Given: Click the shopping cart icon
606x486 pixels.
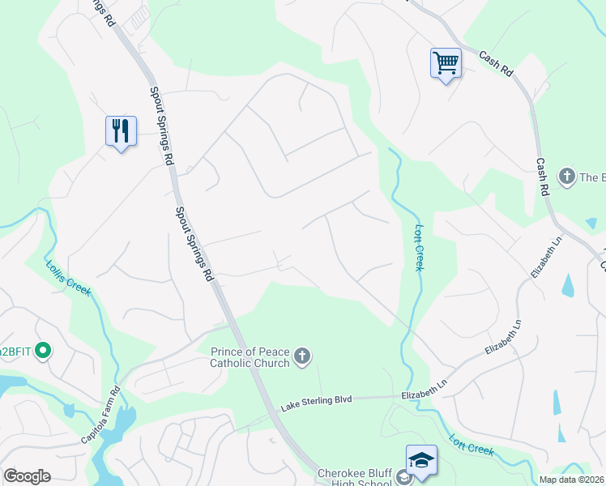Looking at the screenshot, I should [x=446, y=62].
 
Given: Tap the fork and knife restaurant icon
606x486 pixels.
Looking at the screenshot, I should [x=121, y=130].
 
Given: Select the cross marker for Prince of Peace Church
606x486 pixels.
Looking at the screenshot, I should [x=302, y=356].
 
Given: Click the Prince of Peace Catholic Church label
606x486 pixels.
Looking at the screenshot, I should [x=249, y=357].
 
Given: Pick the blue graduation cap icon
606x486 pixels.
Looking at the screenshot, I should [x=421, y=459].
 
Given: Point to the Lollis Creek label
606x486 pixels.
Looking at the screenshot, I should [x=68, y=279].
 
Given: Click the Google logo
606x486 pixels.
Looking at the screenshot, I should [x=27, y=476].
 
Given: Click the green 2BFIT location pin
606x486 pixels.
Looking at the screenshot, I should [x=45, y=351].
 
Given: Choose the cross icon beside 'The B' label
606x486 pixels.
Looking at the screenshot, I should [x=565, y=177].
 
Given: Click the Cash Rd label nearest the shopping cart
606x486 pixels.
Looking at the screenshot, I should [x=496, y=64].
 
